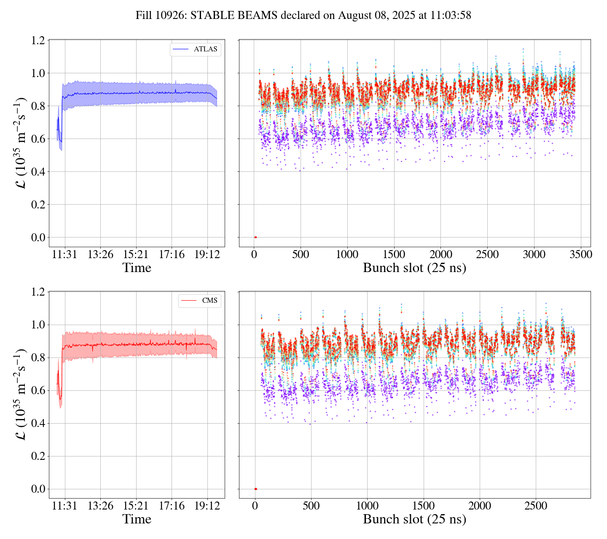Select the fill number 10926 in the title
pyautogui.click(x=169, y=16)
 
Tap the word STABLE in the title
pyautogui.click(x=211, y=16)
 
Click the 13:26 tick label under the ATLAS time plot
pyautogui.click(x=100, y=255)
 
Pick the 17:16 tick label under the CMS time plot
pyautogui.click(x=172, y=506)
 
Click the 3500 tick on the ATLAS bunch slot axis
pyautogui.click(x=580, y=255)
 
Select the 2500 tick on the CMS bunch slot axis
pyautogui.click(x=536, y=506)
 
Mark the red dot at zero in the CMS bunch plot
pyautogui.click(x=255, y=489)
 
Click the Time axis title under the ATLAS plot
pyautogui.click(x=137, y=268)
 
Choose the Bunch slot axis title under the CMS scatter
pyautogui.click(x=414, y=520)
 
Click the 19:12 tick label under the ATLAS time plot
pyautogui.click(x=207, y=255)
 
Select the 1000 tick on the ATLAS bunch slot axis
pyautogui.click(x=347, y=255)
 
